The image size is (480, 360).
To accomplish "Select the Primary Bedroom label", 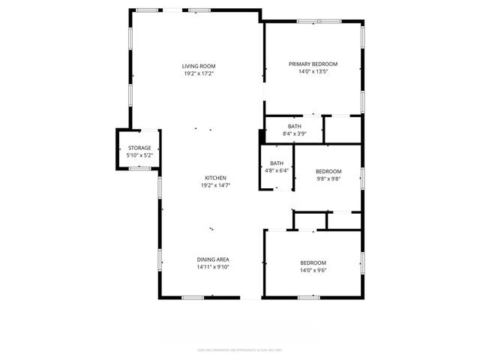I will tap(313, 64).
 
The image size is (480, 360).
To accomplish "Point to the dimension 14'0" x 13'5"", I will tap(313, 72).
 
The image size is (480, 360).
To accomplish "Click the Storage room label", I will tap(139, 148).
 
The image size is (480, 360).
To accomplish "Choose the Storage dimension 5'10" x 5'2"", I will tap(139, 156).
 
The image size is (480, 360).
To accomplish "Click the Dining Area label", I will tap(213, 259).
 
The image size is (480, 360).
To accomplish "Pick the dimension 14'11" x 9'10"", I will tap(213, 267).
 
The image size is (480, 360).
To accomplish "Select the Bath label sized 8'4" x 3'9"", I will tap(295, 126).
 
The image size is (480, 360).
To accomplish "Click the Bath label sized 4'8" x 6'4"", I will tap(277, 163).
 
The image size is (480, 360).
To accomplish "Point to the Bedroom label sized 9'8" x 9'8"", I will tap(328, 172).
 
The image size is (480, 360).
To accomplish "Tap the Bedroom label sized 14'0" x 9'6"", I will tap(313, 262).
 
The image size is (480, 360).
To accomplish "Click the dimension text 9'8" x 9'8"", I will tap(328, 179).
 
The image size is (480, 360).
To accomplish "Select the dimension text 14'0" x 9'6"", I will tap(313, 270).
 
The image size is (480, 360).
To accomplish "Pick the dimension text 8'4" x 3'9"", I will tap(295, 133).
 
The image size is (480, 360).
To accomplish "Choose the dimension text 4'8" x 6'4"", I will tap(277, 171).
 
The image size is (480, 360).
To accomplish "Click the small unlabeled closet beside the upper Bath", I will tap(343, 130).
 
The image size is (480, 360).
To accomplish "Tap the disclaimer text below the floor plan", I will tap(240, 349).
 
